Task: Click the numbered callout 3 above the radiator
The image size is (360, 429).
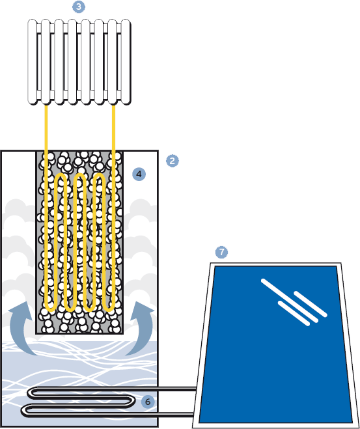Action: click(x=79, y=7)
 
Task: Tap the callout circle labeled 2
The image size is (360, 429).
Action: click(x=173, y=161)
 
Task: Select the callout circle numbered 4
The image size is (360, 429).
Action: click(x=139, y=174)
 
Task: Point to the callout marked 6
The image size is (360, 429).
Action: click(x=148, y=402)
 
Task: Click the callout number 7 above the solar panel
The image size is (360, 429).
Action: click(x=221, y=252)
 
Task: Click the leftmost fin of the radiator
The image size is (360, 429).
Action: click(x=33, y=62)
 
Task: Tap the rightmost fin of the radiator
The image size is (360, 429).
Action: click(x=126, y=62)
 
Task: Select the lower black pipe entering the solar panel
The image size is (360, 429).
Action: click(x=109, y=415)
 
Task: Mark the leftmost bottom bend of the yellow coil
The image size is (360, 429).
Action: click(x=51, y=308)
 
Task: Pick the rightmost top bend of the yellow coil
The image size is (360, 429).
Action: click(x=99, y=177)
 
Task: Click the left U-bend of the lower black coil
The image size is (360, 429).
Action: click(x=24, y=410)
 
